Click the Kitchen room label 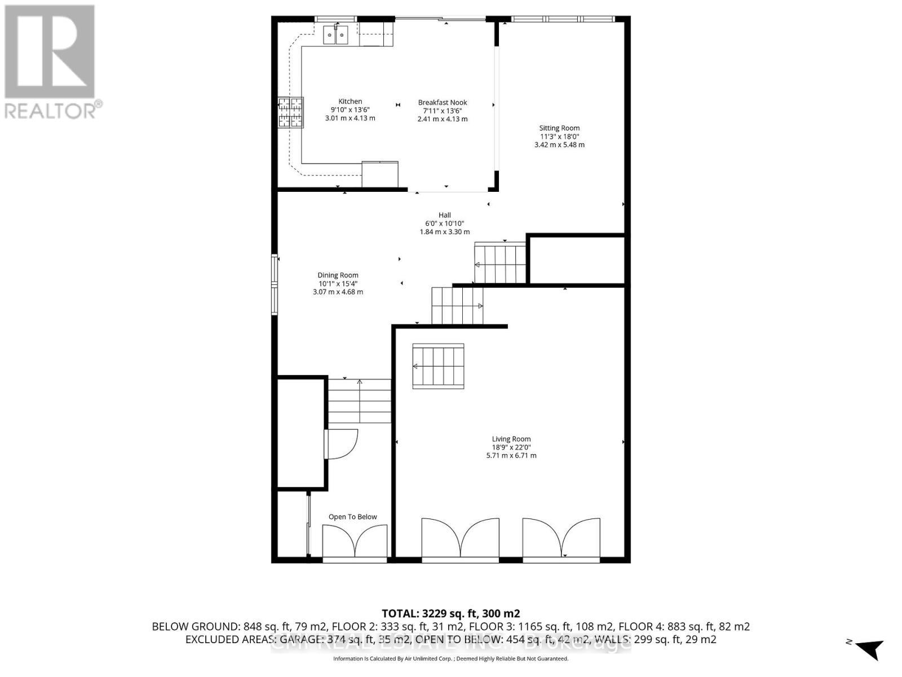[x=350, y=102]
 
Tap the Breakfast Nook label [x=443, y=103]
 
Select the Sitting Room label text [x=559, y=128]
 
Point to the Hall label [x=445, y=215]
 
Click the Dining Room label [x=338, y=275]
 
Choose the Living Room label [x=511, y=439]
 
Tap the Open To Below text [x=353, y=517]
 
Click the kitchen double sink [x=335, y=36]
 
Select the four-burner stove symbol [x=290, y=113]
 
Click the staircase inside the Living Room [x=438, y=366]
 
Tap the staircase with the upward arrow [x=360, y=401]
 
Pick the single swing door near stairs [x=341, y=444]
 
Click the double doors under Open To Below [x=355, y=541]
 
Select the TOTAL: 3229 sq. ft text [x=450, y=613]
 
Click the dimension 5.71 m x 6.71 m [x=511, y=455]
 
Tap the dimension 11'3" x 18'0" [x=559, y=137]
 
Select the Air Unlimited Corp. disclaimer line [x=450, y=659]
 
